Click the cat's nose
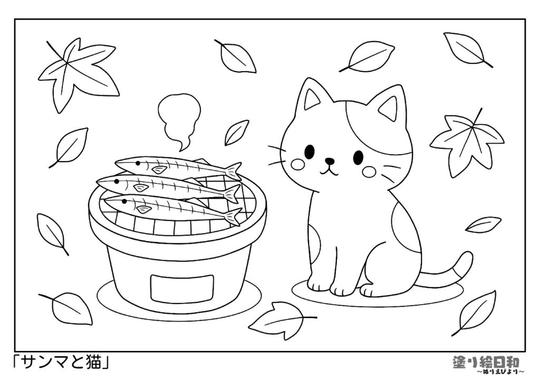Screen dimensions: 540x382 pyautogui.click(x=330, y=160)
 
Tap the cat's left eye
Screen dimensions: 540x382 pyautogui.click(x=310, y=151)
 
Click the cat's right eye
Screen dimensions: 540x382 pyautogui.click(x=358, y=157)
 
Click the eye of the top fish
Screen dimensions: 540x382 pyautogui.click(x=138, y=163)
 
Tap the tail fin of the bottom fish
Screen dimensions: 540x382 pyautogui.click(x=234, y=216)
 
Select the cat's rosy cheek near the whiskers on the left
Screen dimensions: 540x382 pyautogui.click(x=297, y=164)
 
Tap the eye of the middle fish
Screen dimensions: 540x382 pyautogui.click(x=117, y=181)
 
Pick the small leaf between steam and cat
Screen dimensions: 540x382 pyautogui.click(x=237, y=132)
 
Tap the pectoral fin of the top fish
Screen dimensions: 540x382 pyautogui.click(x=159, y=169)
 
